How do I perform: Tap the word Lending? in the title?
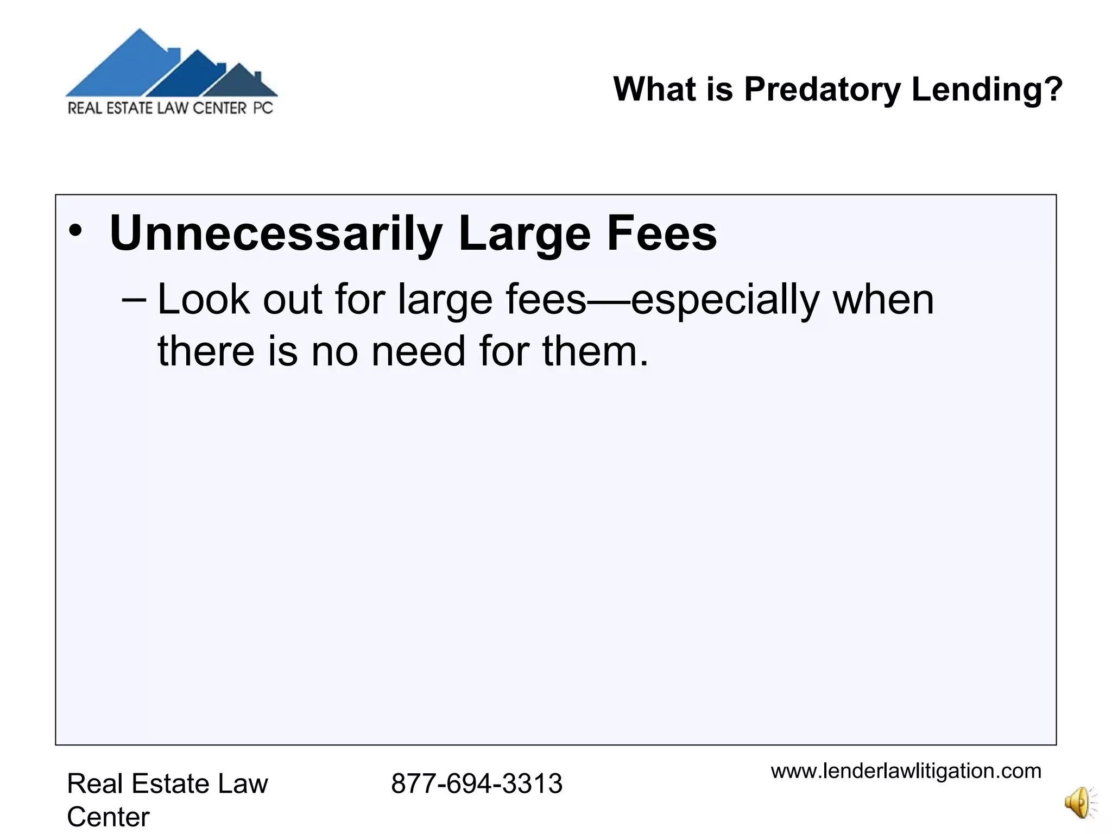pos(987,89)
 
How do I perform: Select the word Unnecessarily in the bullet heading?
pos(275,233)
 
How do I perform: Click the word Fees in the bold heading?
pos(661,233)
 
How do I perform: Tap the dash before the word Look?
pos(134,300)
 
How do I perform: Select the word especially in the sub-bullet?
pos(725,301)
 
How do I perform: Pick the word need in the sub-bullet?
pos(418,351)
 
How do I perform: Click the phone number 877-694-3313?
pos(476,784)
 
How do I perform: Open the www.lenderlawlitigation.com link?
pos(906,771)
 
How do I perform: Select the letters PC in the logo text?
pos(263,108)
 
